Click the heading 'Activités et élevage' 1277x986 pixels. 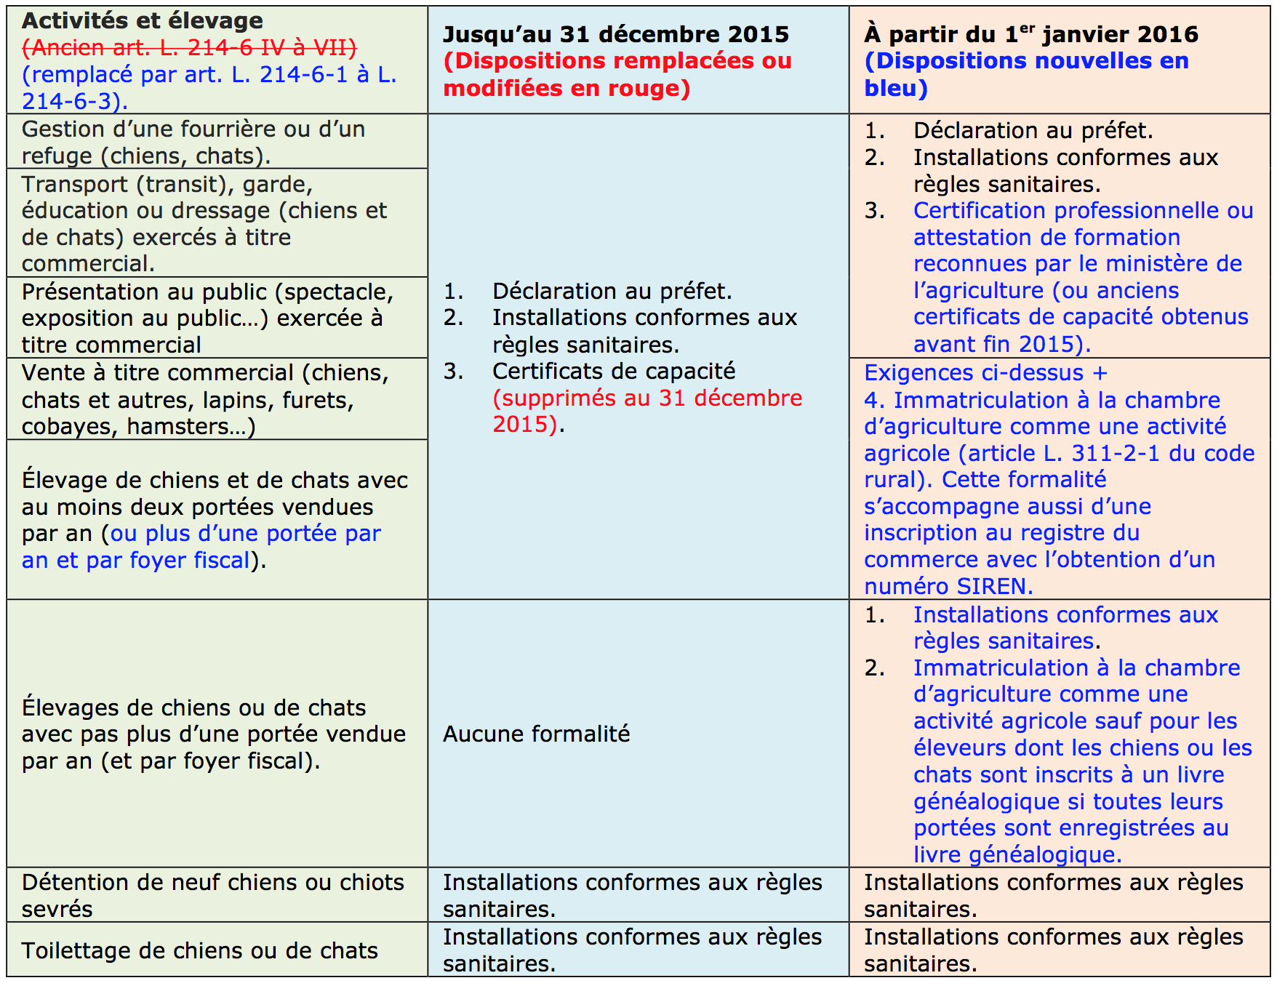[143, 20]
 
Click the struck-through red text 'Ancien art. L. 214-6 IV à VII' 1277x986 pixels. [189, 48]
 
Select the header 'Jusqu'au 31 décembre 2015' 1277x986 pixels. [615, 34]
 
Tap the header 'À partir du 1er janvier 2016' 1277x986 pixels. [1030, 34]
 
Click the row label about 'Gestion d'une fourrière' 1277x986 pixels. [193, 143]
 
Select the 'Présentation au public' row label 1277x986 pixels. [208, 318]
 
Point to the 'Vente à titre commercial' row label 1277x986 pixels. [205, 399]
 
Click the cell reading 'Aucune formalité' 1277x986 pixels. [536, 734]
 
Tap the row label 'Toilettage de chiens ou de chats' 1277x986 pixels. [200, 951]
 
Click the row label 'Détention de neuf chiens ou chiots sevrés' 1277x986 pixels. [212, 895]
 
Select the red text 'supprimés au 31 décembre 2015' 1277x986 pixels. [646, 411]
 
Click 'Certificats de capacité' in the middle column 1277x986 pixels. [613, 372]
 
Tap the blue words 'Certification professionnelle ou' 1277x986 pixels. [1082, 211]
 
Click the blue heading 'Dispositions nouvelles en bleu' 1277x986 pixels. [1025, 74]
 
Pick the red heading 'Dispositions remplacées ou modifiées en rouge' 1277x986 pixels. [617, 74]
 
